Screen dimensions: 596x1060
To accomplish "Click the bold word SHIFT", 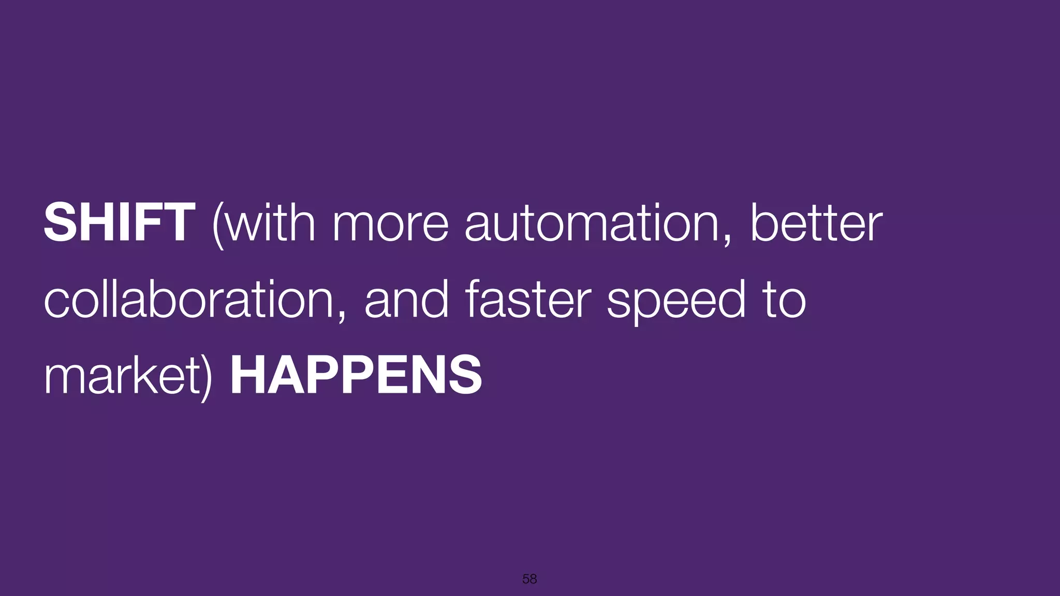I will [119, 222].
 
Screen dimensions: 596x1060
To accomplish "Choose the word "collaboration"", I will [189, 299].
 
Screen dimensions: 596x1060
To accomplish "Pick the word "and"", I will [406, 299].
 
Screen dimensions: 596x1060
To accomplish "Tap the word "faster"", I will [528, 299].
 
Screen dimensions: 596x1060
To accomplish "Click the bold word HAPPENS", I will [356, 375].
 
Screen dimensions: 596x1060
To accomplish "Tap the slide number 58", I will [529, 579].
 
